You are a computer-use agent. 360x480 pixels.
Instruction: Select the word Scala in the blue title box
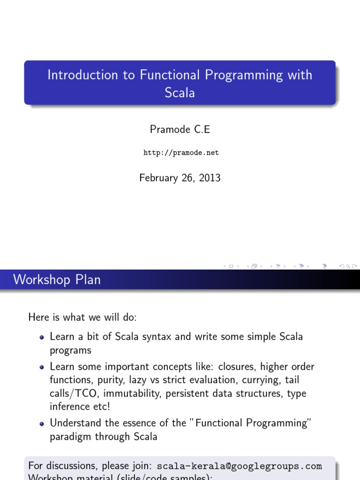click(180, 92)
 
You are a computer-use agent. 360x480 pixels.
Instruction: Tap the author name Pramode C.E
click(180, 130)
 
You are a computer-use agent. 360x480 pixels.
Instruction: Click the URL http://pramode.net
click(180, 153)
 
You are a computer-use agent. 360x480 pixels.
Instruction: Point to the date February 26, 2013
click(180, 178)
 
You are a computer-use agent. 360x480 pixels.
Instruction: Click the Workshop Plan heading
click(57, 280)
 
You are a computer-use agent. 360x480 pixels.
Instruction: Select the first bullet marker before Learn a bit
click(42, 337)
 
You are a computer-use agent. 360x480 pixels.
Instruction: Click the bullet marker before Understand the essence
click(42, 423)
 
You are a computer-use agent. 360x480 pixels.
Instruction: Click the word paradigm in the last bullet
click(70, 436)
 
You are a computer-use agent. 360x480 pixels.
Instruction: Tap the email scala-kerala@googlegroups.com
click(239, 466)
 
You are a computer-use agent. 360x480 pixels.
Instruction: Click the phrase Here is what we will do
click(82, 317)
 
